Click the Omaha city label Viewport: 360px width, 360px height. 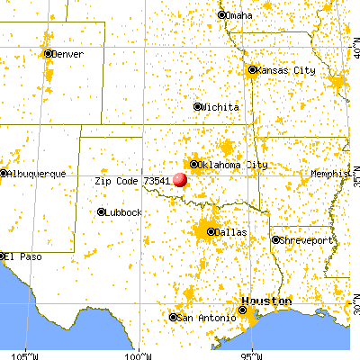click(240, 15)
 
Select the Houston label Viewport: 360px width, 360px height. click(265, 301)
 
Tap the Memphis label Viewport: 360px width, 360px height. click(330, 172)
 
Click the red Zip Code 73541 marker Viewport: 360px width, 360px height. click(180, 179)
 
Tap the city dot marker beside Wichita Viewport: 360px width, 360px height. click(198, 106)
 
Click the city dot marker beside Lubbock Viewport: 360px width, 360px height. click(101, 212)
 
